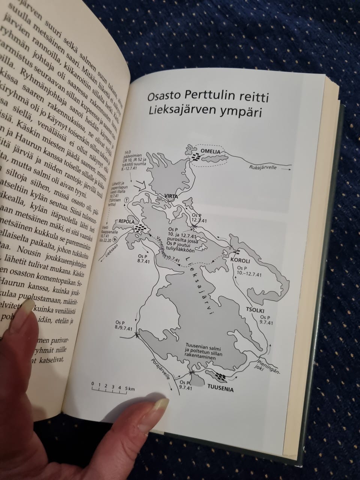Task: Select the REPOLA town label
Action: pos(126,221)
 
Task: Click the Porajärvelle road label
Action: pos(162,372)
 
